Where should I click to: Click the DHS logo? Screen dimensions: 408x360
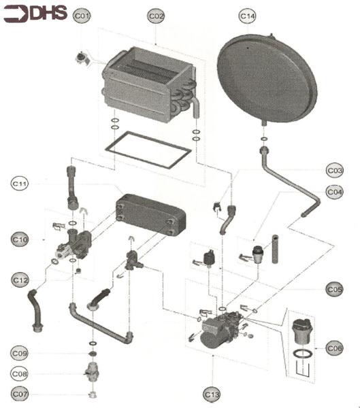(35, 14)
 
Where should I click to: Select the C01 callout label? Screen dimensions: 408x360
(82, 15)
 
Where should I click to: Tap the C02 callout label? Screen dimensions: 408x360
(156, 15)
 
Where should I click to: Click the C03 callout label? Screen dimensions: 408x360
(335, 170)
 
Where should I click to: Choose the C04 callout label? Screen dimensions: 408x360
(335, 192)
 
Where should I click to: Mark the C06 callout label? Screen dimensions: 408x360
(334, 348)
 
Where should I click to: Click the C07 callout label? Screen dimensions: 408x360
(20, 394)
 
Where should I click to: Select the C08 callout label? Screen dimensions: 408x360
(20, 373)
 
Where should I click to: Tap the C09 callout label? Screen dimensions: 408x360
(20, 353)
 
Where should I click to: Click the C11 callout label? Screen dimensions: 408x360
(20, 184)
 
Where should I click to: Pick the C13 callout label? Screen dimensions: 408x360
(213, 393)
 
